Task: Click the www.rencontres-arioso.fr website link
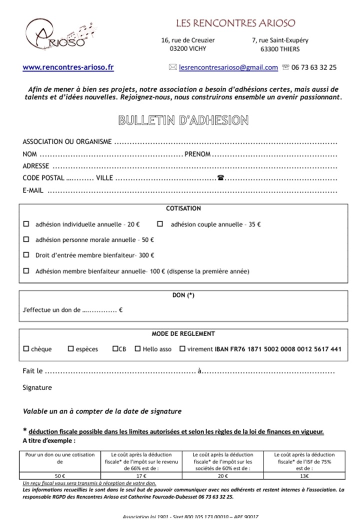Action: (68, 67)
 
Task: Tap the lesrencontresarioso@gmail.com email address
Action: (228, 67)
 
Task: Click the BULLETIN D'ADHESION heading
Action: (183, 120)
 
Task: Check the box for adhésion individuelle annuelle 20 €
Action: (26, 224)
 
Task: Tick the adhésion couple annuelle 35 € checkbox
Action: (160, 224)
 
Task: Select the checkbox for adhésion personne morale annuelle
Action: (26, 240)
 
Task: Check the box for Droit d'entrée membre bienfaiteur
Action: (26, 255)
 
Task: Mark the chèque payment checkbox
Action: (26, 349)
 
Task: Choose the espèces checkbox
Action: (70, 349)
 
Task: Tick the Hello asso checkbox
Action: (137, 349)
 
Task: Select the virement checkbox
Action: (182, 349)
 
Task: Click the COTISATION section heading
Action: (183, 208)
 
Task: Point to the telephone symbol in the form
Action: (220, 178)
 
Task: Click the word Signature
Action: (37, 387)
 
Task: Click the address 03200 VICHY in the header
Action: (188, 49)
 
